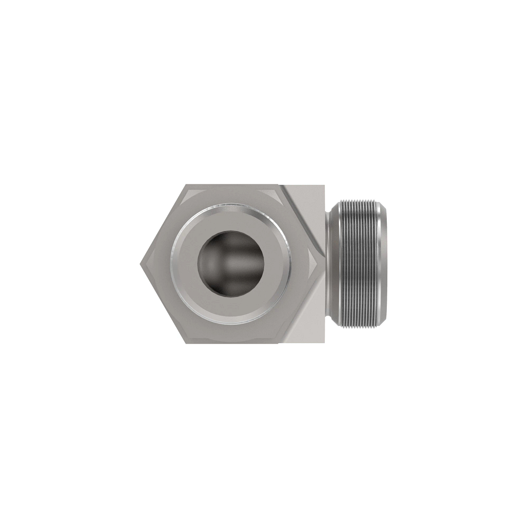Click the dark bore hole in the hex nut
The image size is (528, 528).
pyautogui.click(x=231, y=264)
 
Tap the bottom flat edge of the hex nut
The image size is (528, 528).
pyautogui.click(x=231, y=341)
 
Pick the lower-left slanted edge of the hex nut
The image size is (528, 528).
pyautogui.click(x=162, y=303)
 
